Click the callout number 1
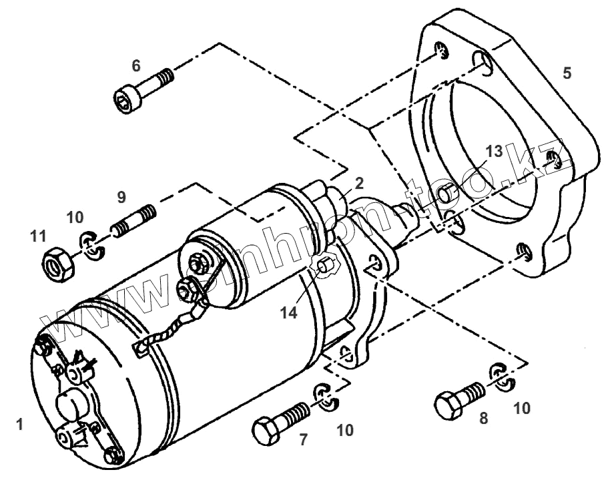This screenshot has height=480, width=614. pos(20,423)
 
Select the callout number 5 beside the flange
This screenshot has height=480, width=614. pos(567,73)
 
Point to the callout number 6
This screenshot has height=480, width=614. pos(136,65)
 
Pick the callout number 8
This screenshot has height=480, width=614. pos(484,419)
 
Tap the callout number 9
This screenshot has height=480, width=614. pos(121,198)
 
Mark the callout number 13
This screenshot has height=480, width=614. pos(493,152)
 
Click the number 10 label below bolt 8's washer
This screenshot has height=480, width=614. pos(522,408)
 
